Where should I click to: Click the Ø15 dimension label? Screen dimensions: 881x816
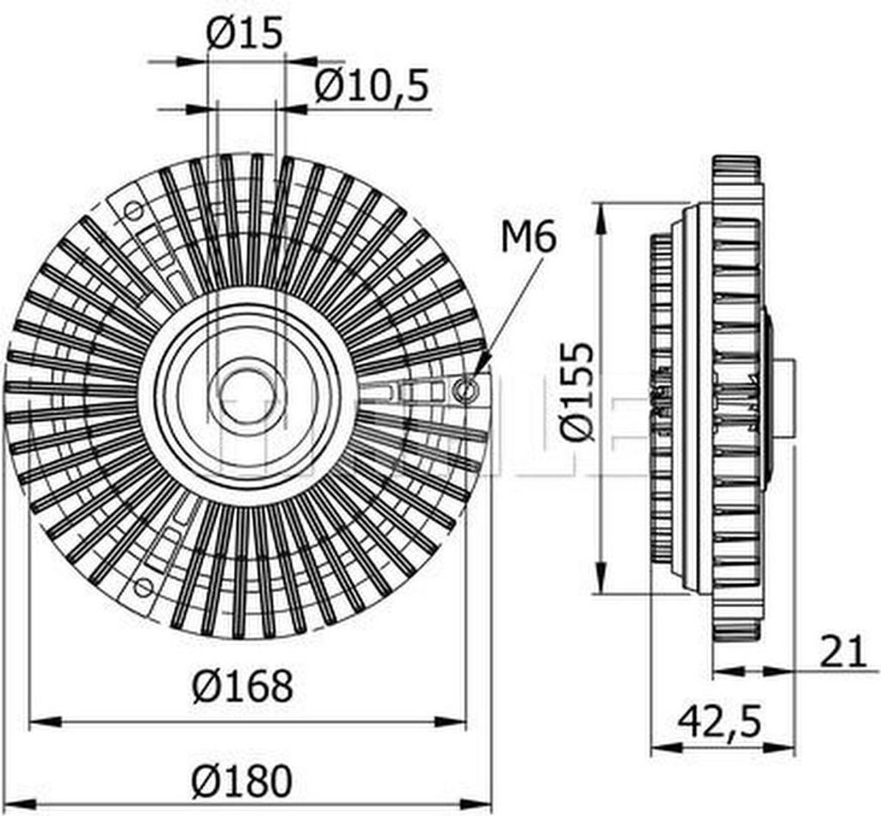[x=243, y=34]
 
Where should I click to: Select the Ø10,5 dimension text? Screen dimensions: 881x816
[x=372, y=86]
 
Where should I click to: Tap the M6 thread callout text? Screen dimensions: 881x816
[x=528, y=236]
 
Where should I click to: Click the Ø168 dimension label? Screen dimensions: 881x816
[x=242, y=686]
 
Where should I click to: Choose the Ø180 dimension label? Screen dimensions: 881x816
[x=242, y=782]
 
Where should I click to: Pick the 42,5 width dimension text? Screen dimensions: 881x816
[x=719, y=722]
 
